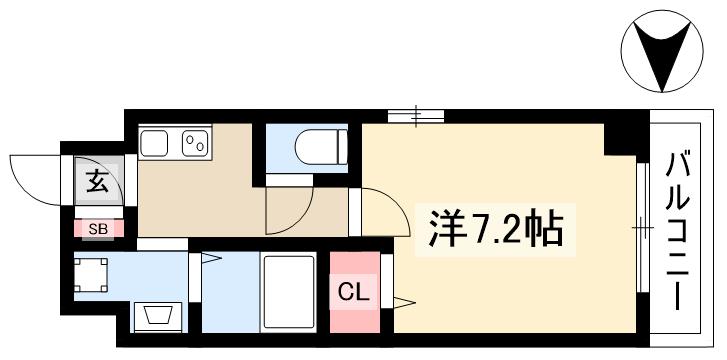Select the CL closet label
click(353, 293)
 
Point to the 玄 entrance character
click(97, 182)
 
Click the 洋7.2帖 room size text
click(496, 231)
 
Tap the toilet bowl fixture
click(320, 147)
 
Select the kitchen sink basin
click(155, 144)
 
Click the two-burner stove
click(195, 144)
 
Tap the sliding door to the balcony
click(641, 230)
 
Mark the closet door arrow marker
click(403, 300)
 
